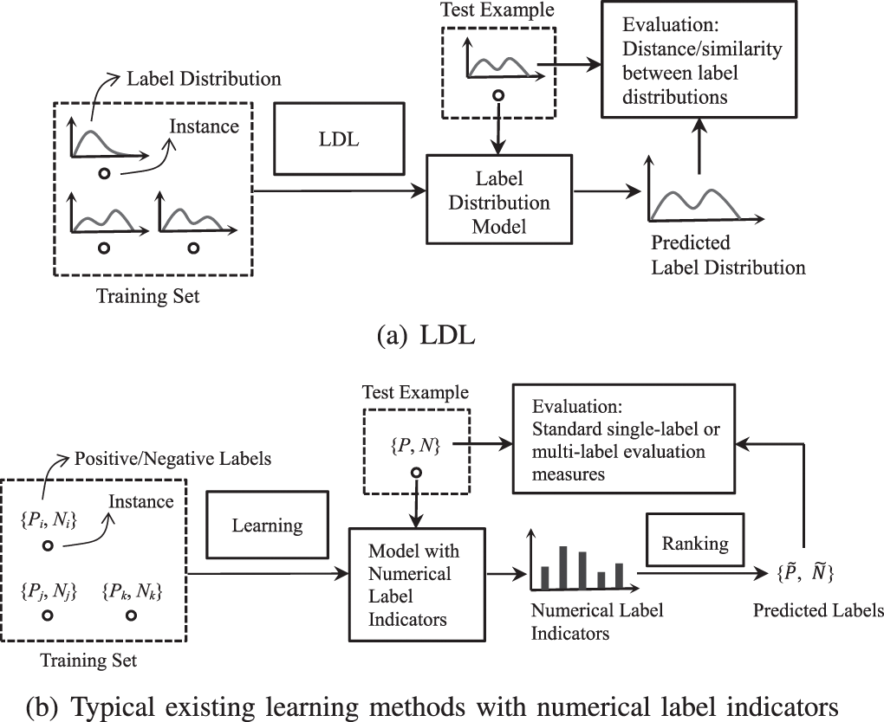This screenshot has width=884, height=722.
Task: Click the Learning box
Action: pos(267,525)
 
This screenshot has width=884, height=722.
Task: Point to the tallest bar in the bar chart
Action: pos(563,567)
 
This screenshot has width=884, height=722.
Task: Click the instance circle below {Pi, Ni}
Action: pos(49,545)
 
